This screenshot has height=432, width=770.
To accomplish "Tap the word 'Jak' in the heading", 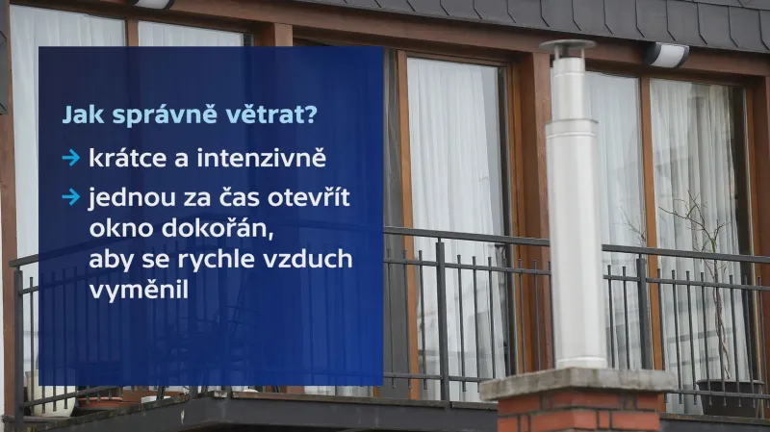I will tap(82, 114).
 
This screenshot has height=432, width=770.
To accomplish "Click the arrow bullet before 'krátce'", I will tap(70, 157).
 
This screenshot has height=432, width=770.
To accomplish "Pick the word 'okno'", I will tap(115, 229).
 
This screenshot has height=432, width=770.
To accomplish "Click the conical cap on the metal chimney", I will tap(567, 47).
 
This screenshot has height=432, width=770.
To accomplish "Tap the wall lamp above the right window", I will tap(666, 55).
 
